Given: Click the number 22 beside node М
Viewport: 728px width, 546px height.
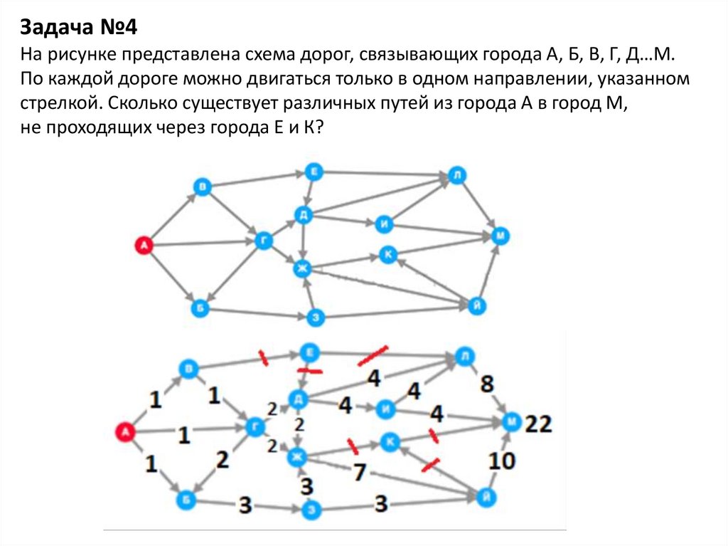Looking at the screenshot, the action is (x=538, y=425).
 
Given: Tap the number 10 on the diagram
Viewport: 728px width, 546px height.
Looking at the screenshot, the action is (x=501, y=461).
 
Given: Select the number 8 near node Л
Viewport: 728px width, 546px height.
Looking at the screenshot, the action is (x=486, y=384).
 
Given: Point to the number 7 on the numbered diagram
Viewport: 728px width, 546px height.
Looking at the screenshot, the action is (x=360, y=471).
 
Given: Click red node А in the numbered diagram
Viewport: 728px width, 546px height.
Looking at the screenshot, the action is (x=126, y=431).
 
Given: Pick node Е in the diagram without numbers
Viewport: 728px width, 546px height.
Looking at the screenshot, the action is (x=314, y=172).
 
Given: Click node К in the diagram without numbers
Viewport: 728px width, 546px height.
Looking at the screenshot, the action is (x=387, y=254).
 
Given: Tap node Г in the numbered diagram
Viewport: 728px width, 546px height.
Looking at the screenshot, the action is (x=255, y=427).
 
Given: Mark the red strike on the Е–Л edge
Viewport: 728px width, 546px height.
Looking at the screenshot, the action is (x=373, y=353).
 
